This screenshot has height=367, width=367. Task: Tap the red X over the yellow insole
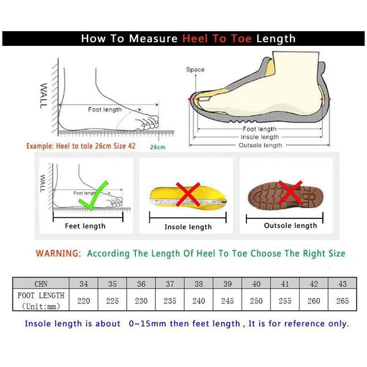coord(188,195)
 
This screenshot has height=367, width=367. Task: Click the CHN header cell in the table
coord(40,284)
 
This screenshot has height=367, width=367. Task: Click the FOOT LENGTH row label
coord(40,296)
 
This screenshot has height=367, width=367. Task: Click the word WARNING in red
coord(58,253)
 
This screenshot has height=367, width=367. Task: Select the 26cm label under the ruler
coord(157,147)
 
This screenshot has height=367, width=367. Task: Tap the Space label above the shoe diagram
coord(195,70)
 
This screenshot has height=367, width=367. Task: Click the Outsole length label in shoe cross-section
coord(261,145)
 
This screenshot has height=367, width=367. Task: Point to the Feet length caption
coord(85,226)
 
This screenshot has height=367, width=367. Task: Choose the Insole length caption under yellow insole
coord(188,227)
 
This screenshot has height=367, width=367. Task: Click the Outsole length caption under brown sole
coord(290,226)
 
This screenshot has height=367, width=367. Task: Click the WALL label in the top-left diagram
coord(42,96)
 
